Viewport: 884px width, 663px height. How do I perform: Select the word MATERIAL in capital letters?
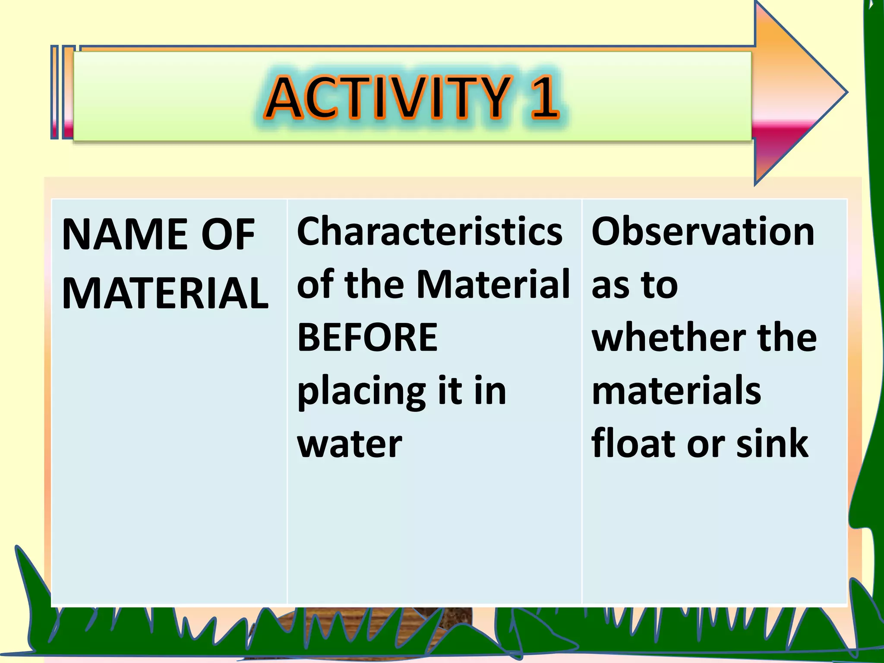[x=165, y=294]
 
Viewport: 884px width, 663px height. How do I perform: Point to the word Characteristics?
[x=429, y=232]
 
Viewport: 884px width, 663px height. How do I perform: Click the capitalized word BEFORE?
[x=367, y=337]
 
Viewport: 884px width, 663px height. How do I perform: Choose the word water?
[x=350, y=444]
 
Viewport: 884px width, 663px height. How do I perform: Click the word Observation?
[x=703, y=232]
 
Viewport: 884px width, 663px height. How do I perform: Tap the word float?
[x=634, y=443]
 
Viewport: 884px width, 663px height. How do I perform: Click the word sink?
[x=772, y=443]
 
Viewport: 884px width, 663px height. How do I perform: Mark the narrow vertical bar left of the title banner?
[x=54, y=92]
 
